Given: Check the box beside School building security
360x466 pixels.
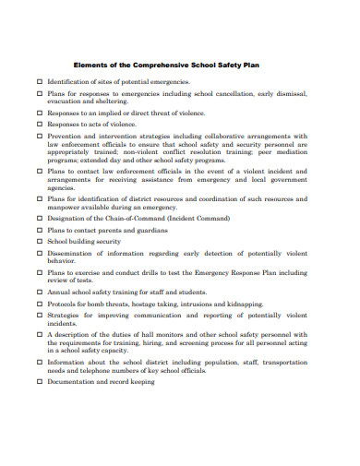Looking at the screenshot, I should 39,241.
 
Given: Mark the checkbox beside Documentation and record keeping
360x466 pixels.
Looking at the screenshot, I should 39,381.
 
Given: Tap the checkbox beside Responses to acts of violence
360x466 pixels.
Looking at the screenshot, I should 39,124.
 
